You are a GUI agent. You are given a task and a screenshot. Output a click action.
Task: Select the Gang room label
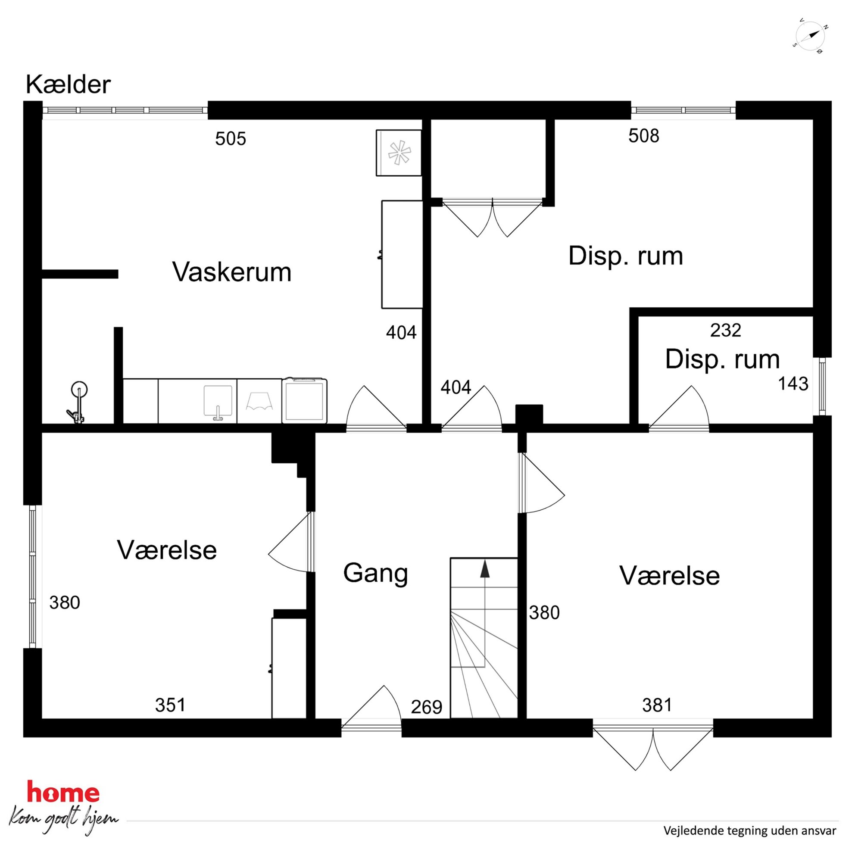[x=375, y=574]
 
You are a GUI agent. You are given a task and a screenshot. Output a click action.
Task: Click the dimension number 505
[x=231, y=138]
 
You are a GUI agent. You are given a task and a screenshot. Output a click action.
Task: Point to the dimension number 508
[x=643, y=135]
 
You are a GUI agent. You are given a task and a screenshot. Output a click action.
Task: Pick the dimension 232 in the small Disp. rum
[x=725, y=330]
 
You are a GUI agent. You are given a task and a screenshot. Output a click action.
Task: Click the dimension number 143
[x=793, y=384]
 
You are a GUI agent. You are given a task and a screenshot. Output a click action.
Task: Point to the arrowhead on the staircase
[x=485, y=569]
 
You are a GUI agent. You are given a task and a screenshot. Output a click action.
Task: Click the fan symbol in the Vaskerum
[x=399, y=153]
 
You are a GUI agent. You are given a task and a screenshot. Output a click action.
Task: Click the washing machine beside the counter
[x=305, y=400]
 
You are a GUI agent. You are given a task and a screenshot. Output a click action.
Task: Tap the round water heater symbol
[x=79, y=390]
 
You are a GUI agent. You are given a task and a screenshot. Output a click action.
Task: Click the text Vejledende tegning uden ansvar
[x=750, y=831]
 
